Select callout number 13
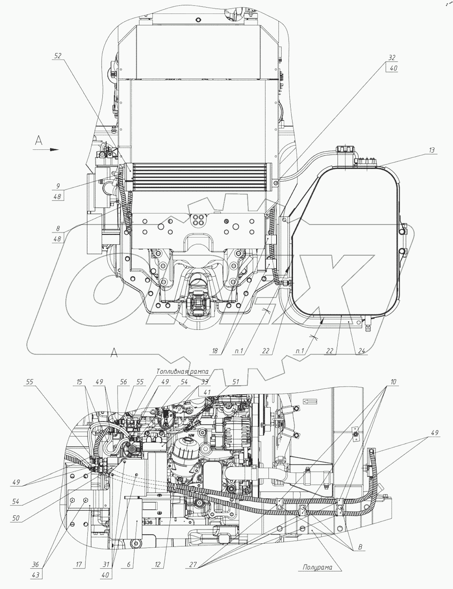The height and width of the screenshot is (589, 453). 432,150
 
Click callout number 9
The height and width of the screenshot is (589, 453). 58,186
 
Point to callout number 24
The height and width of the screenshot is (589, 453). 361,350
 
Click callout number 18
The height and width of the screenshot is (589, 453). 215,350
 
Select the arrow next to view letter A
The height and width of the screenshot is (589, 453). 54,149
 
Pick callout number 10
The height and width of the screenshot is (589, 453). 392,382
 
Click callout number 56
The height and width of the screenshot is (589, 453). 123,382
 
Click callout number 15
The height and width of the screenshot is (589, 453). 79,382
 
